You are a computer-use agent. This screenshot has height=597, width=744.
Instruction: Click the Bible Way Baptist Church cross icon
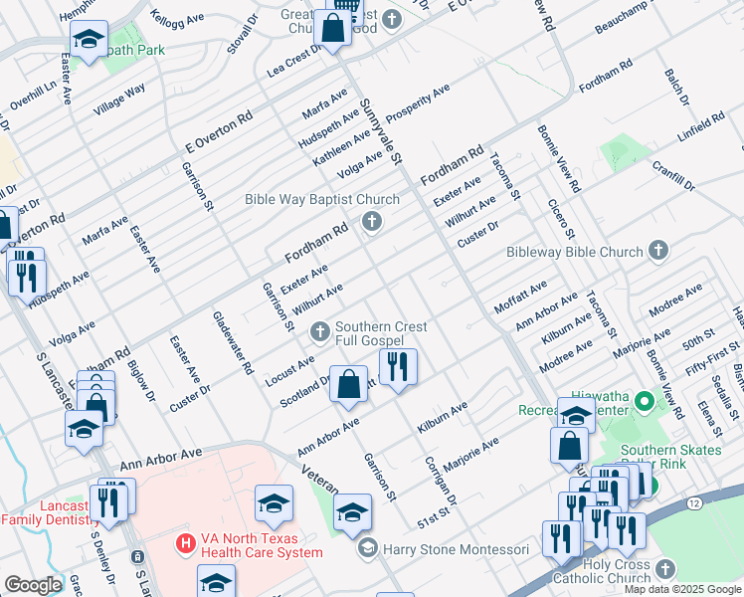(x=373, y=221)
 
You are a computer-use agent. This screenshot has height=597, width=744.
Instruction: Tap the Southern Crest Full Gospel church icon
(x=320, y=331)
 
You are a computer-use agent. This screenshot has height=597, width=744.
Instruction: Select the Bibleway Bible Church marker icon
(x=657, y=252)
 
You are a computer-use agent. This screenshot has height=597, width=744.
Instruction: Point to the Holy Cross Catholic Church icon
(x=664, y=569)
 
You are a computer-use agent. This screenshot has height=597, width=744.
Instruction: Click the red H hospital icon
(x=184, y=543)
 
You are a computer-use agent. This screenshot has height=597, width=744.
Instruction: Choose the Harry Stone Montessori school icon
(x=368, y=549)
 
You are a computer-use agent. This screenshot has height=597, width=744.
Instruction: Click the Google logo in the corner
(x=33, y=585)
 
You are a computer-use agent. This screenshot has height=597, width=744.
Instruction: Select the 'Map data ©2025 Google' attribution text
(x=681, y=589)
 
